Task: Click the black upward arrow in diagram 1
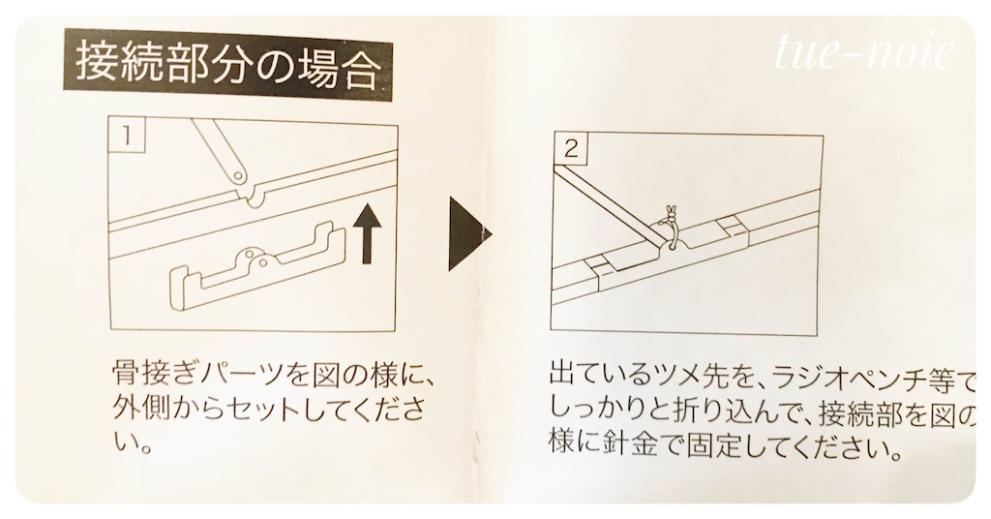(366, 235)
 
